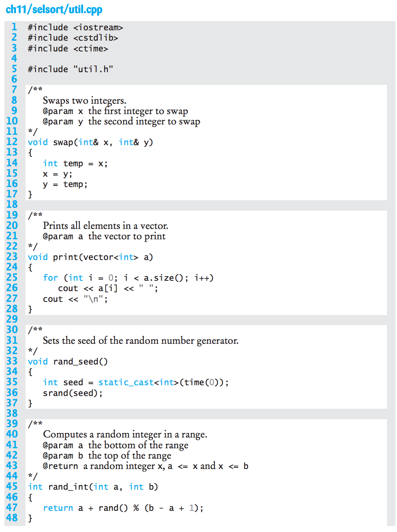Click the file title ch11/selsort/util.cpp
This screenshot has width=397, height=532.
tap(54, 10)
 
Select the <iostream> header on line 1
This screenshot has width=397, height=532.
tap(98, 28)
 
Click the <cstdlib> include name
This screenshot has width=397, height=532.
tap(95, 38)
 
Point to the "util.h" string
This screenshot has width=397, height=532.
tap(93, 69)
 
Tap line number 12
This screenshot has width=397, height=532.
tap(12, 142)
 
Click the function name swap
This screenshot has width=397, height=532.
tap(63, 143)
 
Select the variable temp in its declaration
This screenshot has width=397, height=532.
tap(73, 164)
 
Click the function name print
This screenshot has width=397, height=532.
tap(66, 257)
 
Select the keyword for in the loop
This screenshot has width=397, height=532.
tap(50, 278)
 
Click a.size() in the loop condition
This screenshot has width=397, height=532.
tap(163, 278)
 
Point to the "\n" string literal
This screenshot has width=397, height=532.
tap(93, 299)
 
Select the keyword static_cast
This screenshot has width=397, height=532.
tap(126, 382)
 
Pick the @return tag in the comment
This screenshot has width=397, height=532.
tap(60, 466)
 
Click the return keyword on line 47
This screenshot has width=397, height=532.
tap(58, 508)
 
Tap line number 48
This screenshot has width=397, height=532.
tap(12, 518)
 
